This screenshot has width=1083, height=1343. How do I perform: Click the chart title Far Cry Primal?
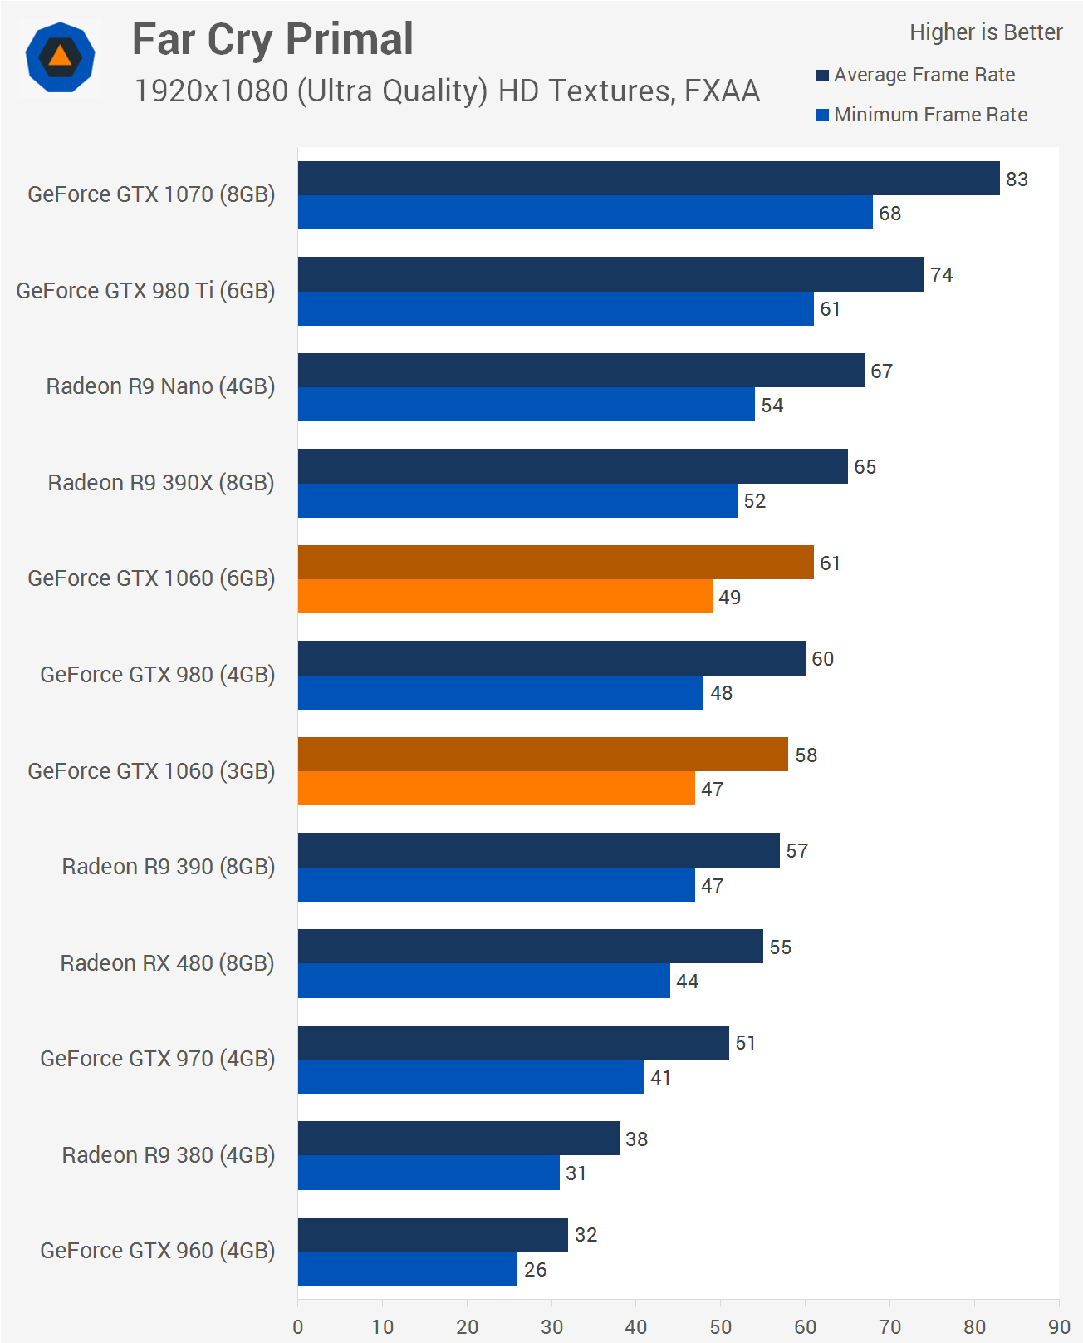(272, 40)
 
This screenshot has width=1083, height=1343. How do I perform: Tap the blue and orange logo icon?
(60, 57)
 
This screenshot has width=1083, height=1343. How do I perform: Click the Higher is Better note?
(985, 32)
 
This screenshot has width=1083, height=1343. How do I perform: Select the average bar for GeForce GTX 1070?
(648, 179)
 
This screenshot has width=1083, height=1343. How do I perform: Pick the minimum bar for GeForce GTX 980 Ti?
(555, 308)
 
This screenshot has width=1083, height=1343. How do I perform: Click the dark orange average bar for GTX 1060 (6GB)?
(555, 563)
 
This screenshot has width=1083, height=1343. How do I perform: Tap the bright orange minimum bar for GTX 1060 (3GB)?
(496, 789)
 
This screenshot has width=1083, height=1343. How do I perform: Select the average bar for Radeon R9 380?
(458, 1139)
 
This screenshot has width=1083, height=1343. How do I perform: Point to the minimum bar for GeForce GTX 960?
(407, 1269)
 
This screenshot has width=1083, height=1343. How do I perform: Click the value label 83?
(1017, 180)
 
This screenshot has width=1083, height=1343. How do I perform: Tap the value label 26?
(536, 1270)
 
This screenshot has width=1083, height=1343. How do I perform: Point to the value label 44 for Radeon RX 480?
(688, 981)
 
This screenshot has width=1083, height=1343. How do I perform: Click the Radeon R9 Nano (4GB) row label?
(160, 386)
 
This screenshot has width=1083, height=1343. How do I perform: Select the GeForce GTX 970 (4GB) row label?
(158, 1059)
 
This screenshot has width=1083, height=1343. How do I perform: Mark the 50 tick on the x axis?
(721, 1327)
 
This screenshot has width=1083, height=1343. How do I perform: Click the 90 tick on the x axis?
(1059, 1327)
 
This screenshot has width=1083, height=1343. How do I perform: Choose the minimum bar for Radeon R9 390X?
(517, 501)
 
